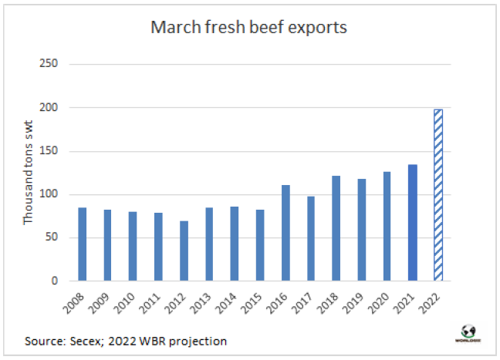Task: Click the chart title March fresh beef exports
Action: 248,28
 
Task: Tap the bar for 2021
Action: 412,223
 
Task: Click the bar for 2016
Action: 285,233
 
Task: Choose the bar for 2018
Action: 336,228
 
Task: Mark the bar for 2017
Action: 311,238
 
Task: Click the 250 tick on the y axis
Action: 49,63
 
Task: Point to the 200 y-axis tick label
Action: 49,107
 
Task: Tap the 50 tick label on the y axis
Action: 52,238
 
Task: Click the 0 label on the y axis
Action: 55,281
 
